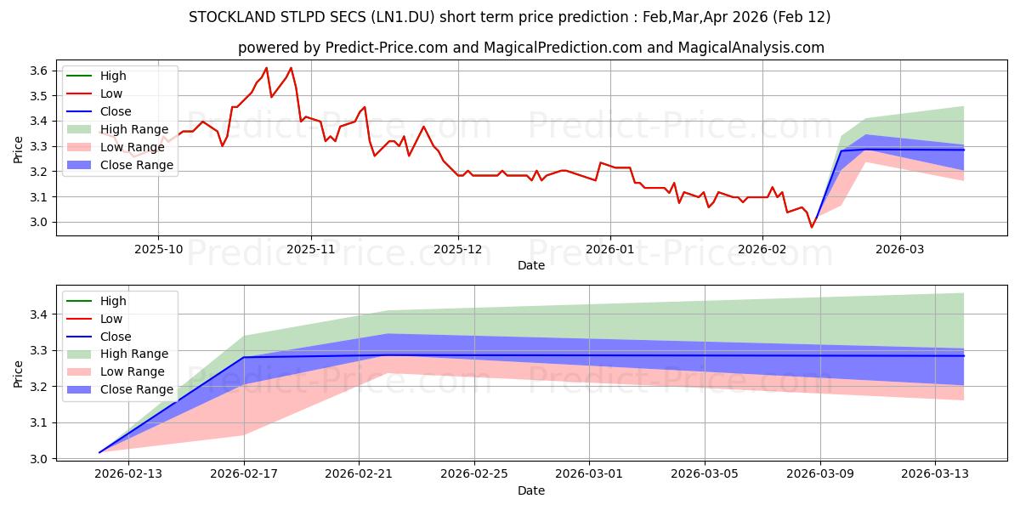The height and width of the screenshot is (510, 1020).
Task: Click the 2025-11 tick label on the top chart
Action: pos(311,249)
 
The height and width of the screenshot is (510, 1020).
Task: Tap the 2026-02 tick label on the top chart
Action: pos(762,249)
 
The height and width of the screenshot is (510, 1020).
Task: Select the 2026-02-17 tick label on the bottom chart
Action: pos(244,474)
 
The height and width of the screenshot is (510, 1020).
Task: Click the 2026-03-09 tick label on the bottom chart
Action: pos(820,474)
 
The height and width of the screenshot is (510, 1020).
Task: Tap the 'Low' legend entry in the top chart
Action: pos(111,93)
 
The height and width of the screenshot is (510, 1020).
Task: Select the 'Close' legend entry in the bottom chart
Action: pos(116,337)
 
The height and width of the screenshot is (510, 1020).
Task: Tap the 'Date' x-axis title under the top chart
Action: pos(531,265)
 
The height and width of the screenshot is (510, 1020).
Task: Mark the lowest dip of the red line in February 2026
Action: pos(811,227)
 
